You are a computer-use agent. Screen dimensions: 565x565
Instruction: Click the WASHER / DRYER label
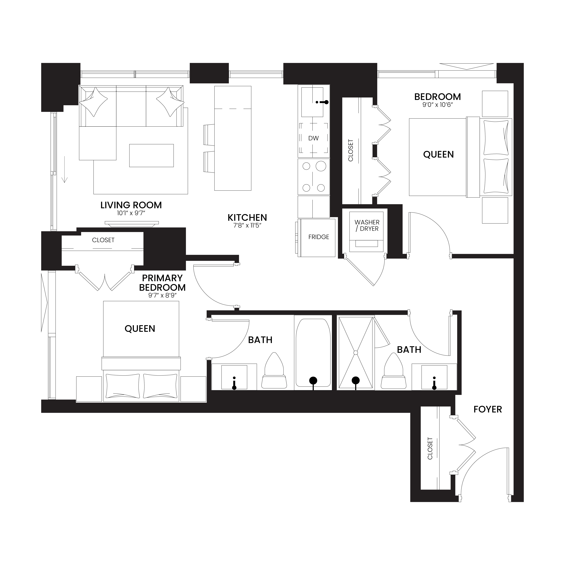[x=367, y=225]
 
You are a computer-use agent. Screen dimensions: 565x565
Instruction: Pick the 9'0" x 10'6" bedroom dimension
[x=438, y=105]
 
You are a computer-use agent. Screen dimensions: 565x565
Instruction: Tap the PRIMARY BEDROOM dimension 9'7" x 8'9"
[x=162, y=295]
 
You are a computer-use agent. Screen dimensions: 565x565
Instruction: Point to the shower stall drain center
[x=356, y=353]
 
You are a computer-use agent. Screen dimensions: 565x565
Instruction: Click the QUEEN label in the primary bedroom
[x=140, y=329]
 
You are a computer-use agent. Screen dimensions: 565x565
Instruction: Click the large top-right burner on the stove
[x=321, y=166]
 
